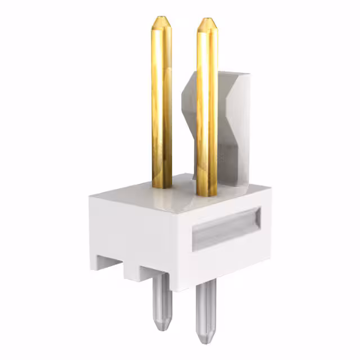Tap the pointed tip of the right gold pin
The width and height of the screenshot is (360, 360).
point(206,21)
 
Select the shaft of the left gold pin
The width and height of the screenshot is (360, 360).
point(161,101)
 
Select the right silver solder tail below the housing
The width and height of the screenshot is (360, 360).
point(206,313)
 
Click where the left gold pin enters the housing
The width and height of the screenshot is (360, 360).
point(162,186)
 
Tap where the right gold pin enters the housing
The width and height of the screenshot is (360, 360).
point(206,194)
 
